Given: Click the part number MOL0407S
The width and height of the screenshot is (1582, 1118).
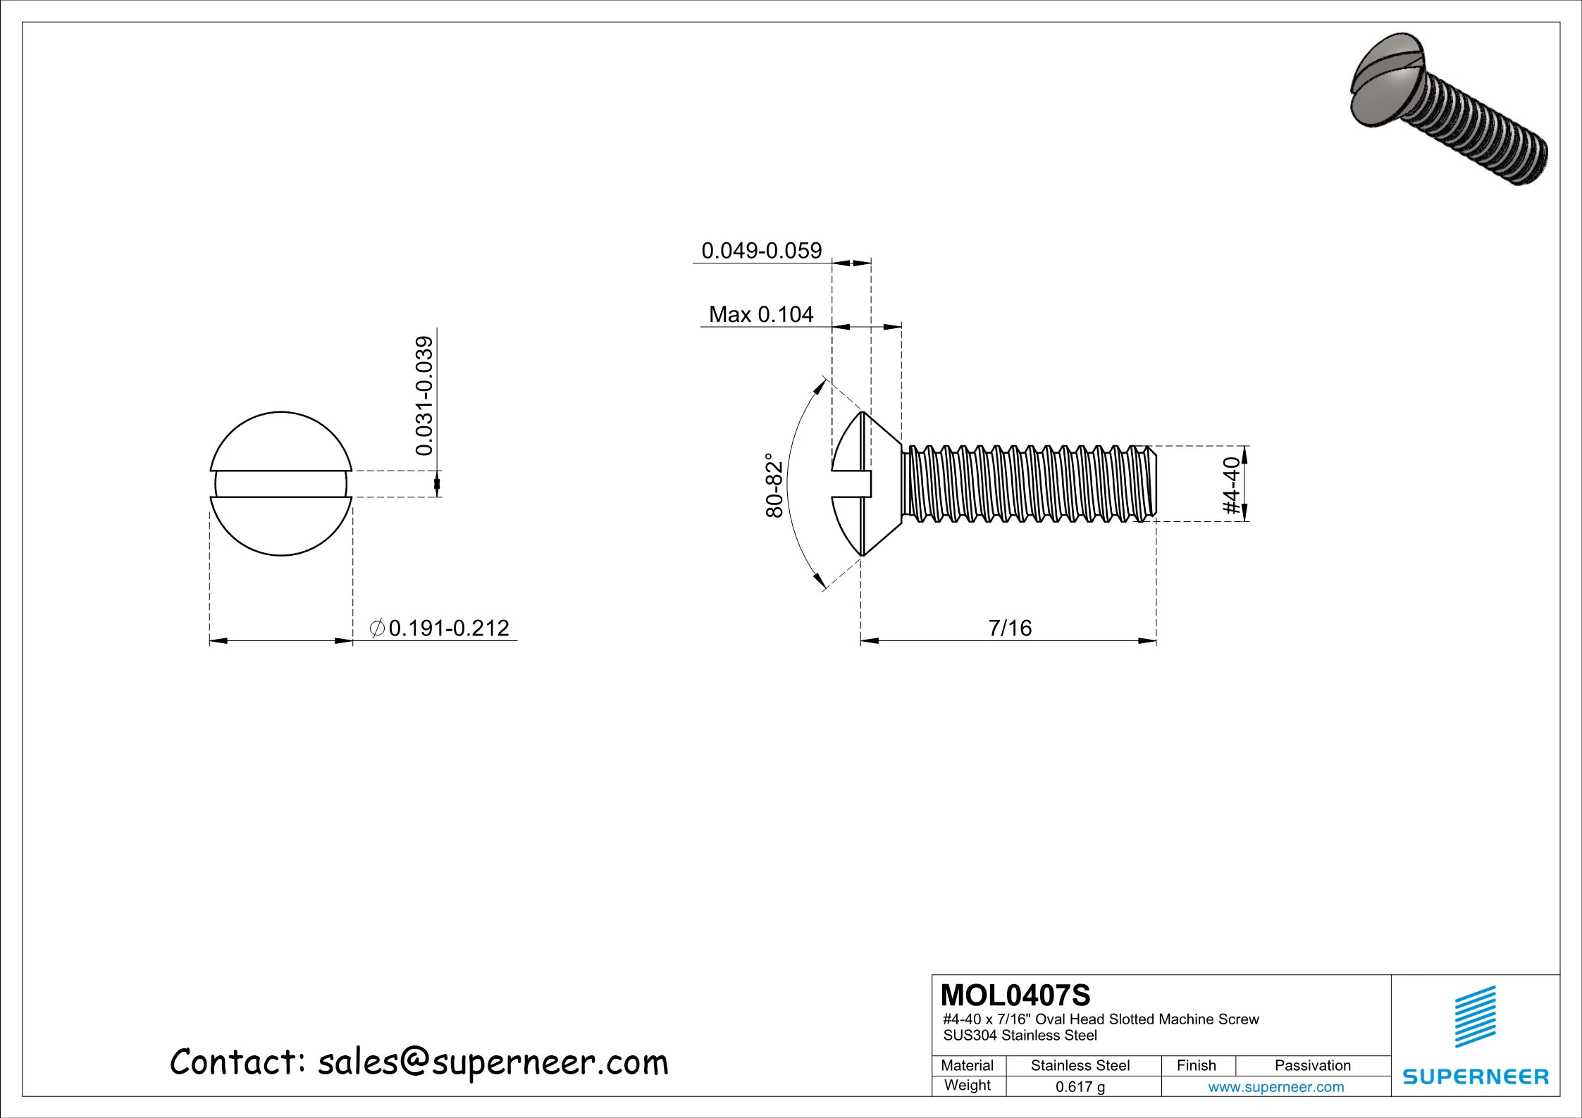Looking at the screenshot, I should pyautogui.click(x=1015, y=995).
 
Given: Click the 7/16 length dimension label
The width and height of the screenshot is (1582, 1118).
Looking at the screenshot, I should pyautogui.click(x=1010, y=628).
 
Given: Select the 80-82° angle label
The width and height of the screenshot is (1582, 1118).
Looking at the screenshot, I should pyautogui.click(x=774, y=486).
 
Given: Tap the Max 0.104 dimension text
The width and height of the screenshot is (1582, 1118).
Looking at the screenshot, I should pyautogui.click(x=761, y=314).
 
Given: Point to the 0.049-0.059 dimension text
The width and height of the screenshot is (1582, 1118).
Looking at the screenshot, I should pyautogui.click(x=761, y=251).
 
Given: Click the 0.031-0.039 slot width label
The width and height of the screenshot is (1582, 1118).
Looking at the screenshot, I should pyautogui.click(x=424, y=396).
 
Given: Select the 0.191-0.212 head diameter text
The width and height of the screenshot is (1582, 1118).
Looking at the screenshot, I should pyautogui.click(x=449, y=628).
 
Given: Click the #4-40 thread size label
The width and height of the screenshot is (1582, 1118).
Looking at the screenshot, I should pyautogui.click(x=1231, y=486).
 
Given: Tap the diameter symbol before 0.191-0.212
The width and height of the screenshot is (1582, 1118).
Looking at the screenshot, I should pyautogui.click(x=378, y=628).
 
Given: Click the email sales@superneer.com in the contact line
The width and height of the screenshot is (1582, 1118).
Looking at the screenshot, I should pyautogui.click(x=493, y=1062).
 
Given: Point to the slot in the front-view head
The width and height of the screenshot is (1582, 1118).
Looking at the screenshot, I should pyautogui.click(x=281, y=484).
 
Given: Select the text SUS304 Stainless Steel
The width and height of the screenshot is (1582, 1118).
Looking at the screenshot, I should pyautogui.click(x=1020, y=1036).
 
